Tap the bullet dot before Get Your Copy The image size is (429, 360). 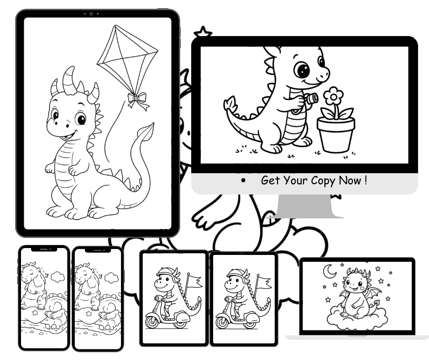(245, 181)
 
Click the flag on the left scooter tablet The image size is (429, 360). (194, 280)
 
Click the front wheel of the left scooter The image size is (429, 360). (151, 323)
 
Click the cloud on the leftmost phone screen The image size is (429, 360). (57, 276)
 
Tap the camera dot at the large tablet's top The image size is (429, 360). (91, 14)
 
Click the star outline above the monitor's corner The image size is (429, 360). (203, 33)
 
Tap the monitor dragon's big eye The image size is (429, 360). (302, 70)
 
